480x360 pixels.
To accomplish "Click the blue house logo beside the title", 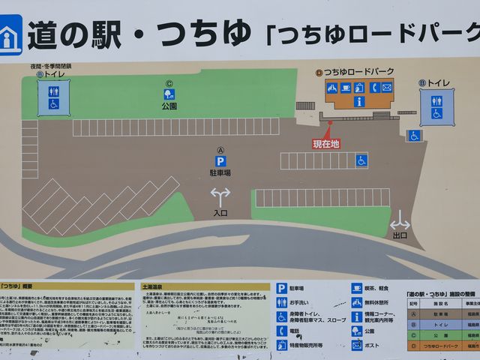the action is (x=10, y=34).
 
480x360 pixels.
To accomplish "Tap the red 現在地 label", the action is (x=326, y=143).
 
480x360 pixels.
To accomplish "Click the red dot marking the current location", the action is (x=328, y=122).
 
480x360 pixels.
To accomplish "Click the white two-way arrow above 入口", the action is (x=220, y=196).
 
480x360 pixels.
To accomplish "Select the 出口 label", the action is (x=400, y=235).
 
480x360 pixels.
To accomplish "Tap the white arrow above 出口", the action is (x=400, y=222).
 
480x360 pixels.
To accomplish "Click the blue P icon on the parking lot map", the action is (x=220, y=160).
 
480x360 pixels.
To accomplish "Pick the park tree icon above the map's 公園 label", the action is (x=169, y=94).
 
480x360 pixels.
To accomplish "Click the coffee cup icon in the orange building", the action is (x=346, y=88).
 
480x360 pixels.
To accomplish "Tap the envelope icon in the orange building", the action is (x=386, y=88).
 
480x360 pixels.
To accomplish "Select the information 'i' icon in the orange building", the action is (x=359, y=101).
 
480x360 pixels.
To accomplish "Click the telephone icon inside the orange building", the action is (x=373, y=88).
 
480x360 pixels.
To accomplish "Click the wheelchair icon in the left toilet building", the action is (x=53, y=104).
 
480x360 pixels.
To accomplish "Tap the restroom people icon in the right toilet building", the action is (x=436, y=100).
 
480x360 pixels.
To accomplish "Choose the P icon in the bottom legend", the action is (x=281, y=288).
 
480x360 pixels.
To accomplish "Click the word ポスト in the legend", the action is (x=373, y=346).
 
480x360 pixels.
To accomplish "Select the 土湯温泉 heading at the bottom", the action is (x=153, y=286).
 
